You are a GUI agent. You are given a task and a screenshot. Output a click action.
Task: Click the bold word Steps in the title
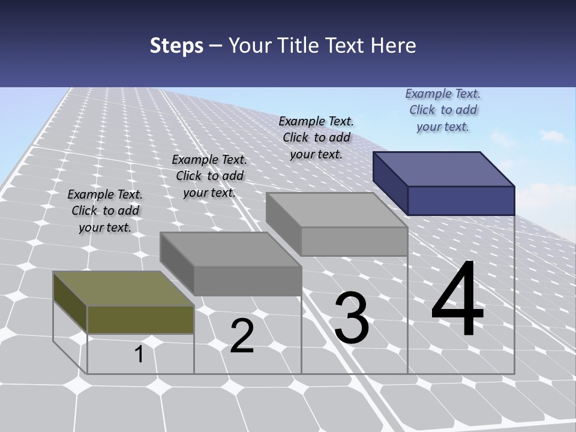176,46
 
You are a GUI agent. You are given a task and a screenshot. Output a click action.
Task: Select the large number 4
457,301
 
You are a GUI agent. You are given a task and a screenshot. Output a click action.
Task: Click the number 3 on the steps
352,317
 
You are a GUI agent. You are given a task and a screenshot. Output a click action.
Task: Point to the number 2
242,336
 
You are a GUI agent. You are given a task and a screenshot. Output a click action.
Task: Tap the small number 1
139,354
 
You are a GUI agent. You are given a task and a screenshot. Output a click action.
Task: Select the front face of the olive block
140,319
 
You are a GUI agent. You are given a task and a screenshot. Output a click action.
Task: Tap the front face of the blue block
461,200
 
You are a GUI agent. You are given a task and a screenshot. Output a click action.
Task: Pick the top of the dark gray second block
230,249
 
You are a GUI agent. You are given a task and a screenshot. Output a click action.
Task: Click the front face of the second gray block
248,281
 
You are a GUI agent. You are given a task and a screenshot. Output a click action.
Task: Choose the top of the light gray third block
336,210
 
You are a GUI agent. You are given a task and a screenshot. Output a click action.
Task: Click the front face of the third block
354,241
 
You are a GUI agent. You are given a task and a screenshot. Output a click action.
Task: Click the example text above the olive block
105,211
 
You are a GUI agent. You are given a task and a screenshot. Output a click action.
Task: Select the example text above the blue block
443,110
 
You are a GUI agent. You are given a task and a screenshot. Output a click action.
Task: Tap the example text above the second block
209,176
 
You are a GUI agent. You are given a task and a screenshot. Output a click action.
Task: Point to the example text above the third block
316,137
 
